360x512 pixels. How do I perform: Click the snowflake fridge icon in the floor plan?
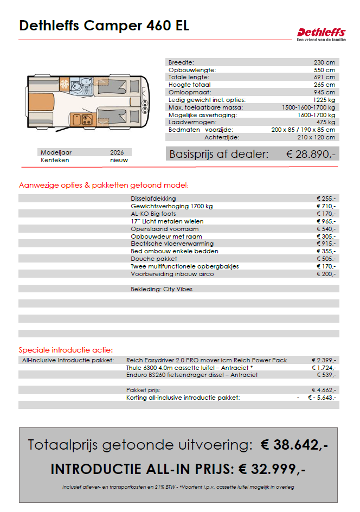64,85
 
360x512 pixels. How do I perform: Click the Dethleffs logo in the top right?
320,34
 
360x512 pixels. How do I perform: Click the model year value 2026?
117,152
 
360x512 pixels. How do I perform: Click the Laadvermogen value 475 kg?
325,123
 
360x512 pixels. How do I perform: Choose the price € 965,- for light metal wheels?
326,221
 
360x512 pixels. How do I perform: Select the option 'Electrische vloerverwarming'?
172,244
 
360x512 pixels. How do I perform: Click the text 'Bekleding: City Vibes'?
162,289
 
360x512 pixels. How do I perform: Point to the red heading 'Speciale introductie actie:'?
66,350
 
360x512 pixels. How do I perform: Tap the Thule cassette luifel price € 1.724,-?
324,368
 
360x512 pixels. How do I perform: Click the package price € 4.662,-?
324,390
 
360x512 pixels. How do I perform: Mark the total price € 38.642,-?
294,445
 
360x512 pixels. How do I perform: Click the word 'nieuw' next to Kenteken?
119,161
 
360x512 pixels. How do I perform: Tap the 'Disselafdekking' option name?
153,199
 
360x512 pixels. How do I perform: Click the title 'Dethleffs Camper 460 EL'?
104,25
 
